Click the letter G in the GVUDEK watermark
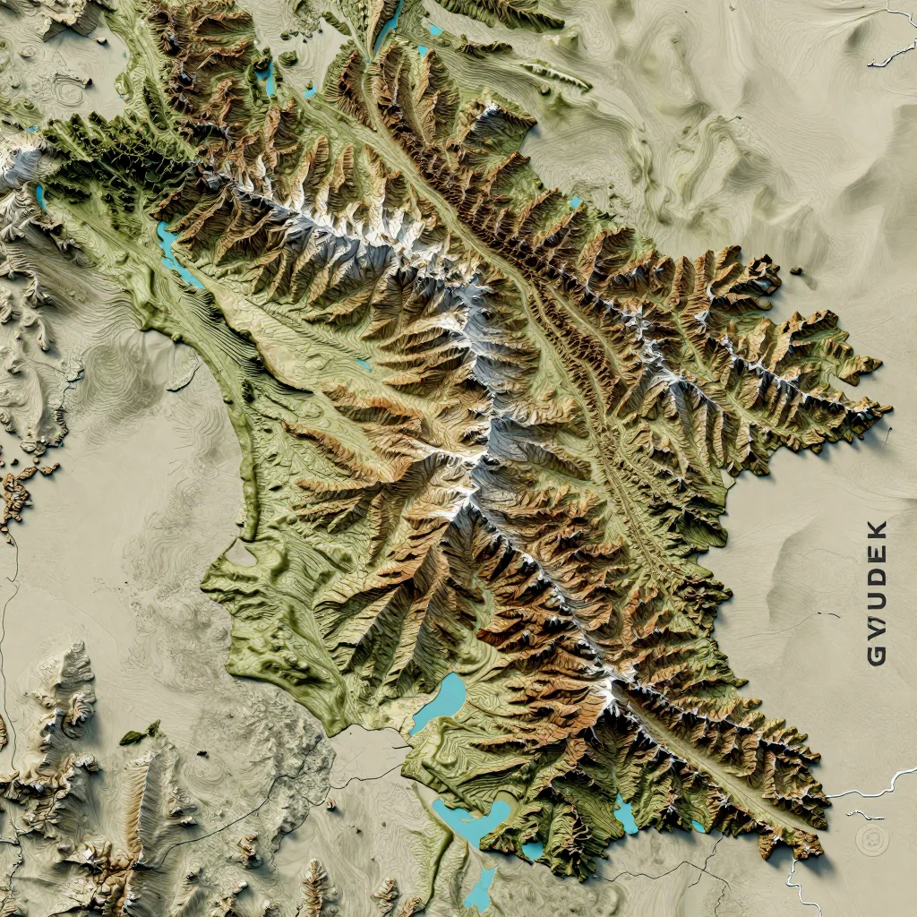[x=877, y=656]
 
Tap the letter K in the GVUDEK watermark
[x=877, y=529]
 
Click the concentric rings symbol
[x=868, y=839]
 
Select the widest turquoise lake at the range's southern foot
[x=470, y=819]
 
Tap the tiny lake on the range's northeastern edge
[x=575, y=203]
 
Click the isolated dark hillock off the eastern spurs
[x=796, y=271]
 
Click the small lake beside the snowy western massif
[x=40, y=197]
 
